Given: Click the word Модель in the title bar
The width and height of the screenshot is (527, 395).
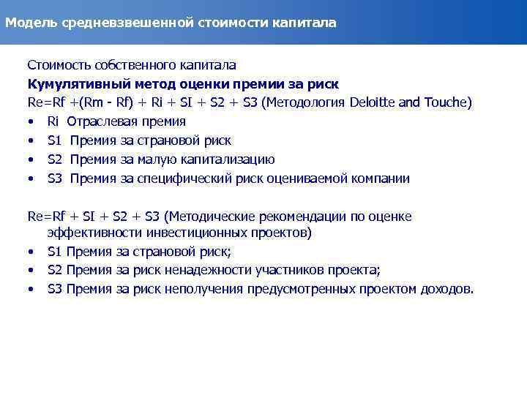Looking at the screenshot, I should [26, 23].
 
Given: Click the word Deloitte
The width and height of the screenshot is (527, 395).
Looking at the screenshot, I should [374, 102].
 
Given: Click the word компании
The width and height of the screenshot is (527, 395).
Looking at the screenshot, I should [378, 178].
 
